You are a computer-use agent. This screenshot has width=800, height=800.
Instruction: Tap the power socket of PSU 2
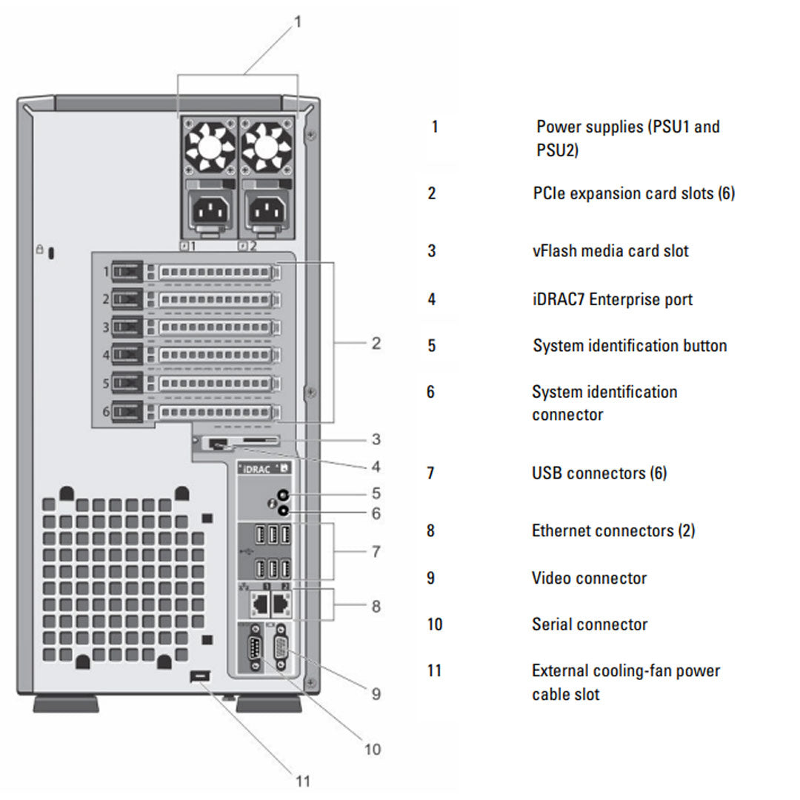tap(267, 213)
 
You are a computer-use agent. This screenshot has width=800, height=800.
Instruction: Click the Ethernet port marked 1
tap(260, 604)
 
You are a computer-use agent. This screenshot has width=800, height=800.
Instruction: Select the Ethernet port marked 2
tap(281, 604)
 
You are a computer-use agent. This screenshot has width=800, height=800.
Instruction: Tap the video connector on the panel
tap(282, 651)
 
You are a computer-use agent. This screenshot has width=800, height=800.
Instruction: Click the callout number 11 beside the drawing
tap(301, 781)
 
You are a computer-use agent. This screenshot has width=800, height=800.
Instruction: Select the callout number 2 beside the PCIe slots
tap(376, 343)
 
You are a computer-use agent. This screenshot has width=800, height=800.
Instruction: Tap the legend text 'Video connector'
tap(590, 578)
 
